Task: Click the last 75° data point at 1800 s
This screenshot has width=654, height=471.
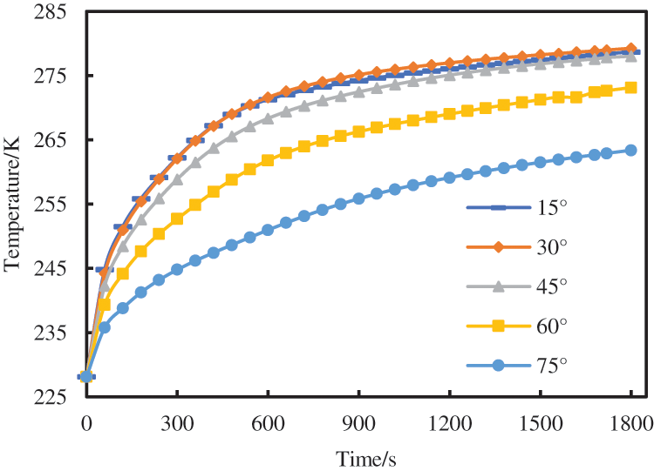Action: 630,150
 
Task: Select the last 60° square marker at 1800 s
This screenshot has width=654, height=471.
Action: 630,87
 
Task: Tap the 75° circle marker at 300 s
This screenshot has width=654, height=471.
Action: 177,269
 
